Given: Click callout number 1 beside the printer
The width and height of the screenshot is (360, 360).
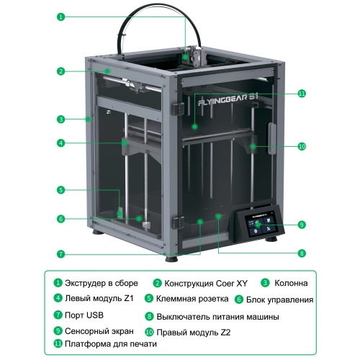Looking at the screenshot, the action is pos(61,17).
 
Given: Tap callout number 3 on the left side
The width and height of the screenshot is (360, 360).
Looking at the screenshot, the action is pos(61,120).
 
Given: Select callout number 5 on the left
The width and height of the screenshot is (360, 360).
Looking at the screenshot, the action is pos(61,190).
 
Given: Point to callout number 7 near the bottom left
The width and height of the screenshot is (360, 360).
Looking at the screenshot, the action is pos(61,254).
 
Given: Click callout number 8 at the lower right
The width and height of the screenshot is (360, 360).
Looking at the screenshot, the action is pos(302,253).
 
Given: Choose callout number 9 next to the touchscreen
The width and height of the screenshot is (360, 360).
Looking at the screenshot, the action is pos(302,225).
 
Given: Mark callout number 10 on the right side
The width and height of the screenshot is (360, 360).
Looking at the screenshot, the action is pos(302,146).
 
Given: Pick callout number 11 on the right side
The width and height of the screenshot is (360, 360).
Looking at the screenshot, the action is pos(302,94).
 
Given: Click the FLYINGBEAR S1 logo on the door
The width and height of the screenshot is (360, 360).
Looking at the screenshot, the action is pos(228,99).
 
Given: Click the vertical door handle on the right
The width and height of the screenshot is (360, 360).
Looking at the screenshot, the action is pos(271,138).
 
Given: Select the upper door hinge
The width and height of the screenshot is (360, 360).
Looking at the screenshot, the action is pos(178,109).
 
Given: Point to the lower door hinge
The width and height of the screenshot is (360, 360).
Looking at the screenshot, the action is pos(178,222).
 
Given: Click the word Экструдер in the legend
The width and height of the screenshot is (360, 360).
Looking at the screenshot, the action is pos(85,284).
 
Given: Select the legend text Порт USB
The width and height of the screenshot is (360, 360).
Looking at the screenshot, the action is pos(84,315).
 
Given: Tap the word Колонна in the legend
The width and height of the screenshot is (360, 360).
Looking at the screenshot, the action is pos(291,283).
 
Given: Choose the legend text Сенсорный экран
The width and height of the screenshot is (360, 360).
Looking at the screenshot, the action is pos(99,331).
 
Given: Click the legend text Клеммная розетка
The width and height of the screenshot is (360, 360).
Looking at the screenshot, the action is pos(192,299).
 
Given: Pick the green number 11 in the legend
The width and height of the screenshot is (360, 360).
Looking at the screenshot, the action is pos(58,343).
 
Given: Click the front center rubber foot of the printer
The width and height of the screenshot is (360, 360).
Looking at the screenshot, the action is pos(172,259).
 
